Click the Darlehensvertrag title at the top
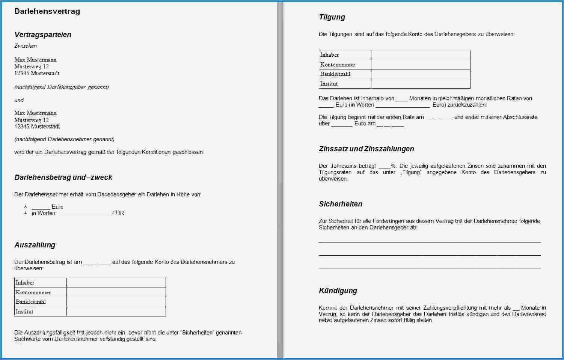(47, 11)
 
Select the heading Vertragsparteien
(42, 35)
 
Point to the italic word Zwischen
(26, 46)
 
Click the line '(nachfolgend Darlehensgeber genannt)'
(62, 87)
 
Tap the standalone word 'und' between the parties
(19, 100)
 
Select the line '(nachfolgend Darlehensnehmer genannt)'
(64, 139)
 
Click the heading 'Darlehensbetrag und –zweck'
(63, 177)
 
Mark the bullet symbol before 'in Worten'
(26, 213)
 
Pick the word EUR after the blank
(118, 213)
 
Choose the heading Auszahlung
(35, 245)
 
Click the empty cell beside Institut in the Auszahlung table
(116, 312)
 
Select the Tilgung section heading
(332, 17)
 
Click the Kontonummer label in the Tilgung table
(338, 65)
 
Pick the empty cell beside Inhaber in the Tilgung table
(420, 55)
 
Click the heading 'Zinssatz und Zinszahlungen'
(366, 149)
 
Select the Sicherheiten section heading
(341, 204)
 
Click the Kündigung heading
(338, 291)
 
